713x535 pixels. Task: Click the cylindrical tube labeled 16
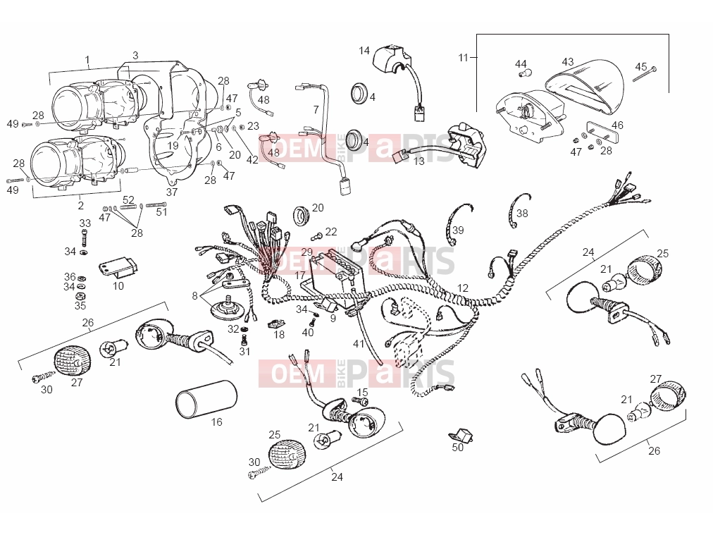(x=206, y=399)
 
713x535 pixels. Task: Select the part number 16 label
(x=216, y=422)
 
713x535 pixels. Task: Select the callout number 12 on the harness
(x=462, y=288)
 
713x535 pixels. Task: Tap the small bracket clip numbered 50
(x=461, y=434)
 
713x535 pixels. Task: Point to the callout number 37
(x=171, y=192)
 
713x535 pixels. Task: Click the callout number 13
(x=418, y=161)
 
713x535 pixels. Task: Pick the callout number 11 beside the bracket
(x=463, y=58)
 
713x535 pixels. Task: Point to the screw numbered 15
(x=360, y=401)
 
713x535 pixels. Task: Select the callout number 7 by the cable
(x=316, y=110)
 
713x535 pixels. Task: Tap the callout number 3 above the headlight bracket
(x=135, y=56)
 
